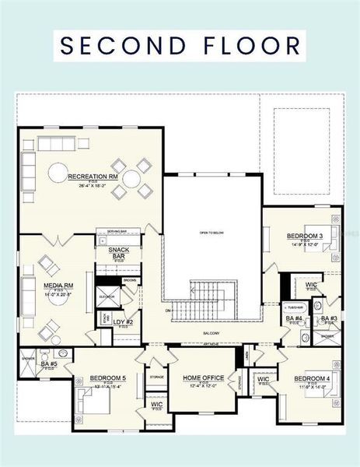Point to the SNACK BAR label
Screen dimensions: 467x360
pyautogui.click(x=118, y=253)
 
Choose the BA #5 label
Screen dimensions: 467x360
pyautogui.click(x=47, y=363)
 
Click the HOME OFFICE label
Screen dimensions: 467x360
pyautogui.click(x=203, y=378)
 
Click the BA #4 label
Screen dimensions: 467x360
pyautogui.click(x=294, y=318)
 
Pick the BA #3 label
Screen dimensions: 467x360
pyautogui.click(x=329, y=318)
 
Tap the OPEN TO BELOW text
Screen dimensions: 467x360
pyautogui.click(x=211, y=233)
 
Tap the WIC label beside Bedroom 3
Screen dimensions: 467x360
pyautogui.click(x=311, y=285)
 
